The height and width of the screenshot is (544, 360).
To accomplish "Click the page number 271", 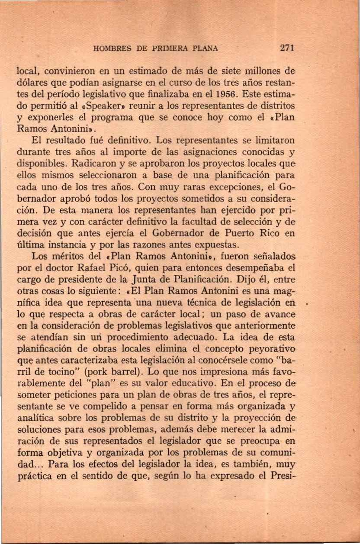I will click(x=287, y=48).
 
